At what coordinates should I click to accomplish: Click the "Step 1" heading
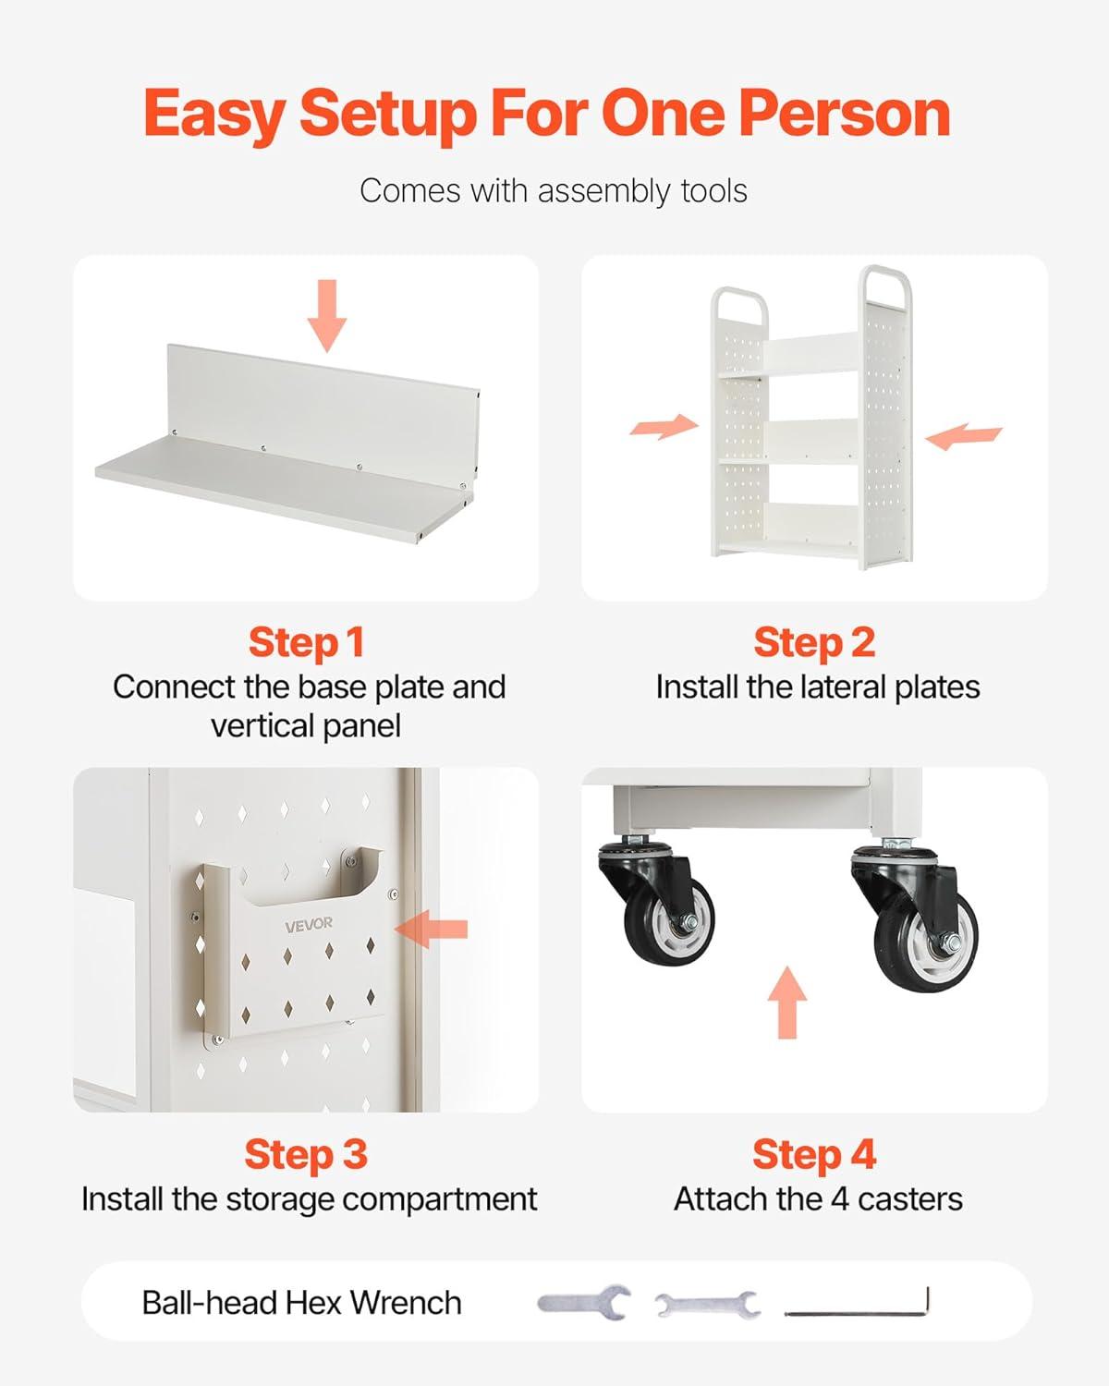pos(306,643)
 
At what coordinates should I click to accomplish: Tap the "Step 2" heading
pos(814,643)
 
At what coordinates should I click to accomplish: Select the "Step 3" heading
pos(306,1155)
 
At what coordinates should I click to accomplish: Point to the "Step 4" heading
pos(814,1155)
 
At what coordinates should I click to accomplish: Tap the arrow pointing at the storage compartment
pos(431,930)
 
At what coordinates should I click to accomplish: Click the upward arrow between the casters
pos(787,1003)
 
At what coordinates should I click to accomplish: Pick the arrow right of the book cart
pos(963,436)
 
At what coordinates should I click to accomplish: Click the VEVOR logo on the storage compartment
pos(309,926)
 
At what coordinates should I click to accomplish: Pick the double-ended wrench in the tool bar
pos(708,1305)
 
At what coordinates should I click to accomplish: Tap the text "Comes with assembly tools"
pos(554,191)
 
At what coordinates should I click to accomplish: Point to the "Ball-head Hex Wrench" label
pos(301,1303)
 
